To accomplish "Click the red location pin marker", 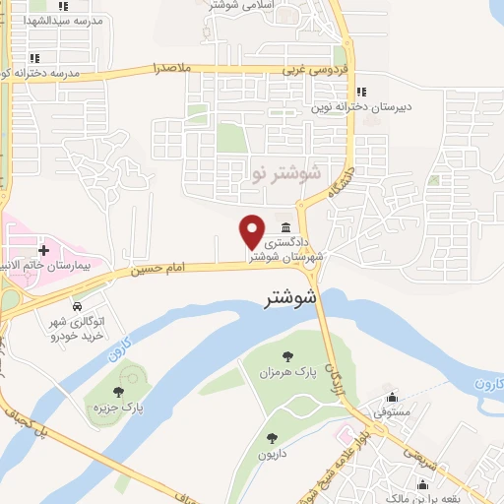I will point(252,230).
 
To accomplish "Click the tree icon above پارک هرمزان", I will point(287,357).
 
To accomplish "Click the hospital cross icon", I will point(43,251).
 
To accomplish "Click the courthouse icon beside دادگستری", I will point(285,226).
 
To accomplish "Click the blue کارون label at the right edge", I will point(486,383).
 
